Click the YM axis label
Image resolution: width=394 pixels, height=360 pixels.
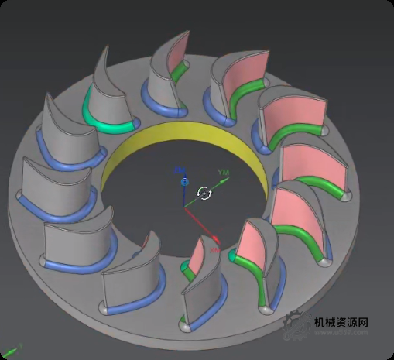[224, 171]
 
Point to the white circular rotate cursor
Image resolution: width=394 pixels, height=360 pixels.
[204, 193]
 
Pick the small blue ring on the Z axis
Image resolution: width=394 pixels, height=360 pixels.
[184, 181]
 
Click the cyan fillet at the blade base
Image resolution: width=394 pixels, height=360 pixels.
[104, 117]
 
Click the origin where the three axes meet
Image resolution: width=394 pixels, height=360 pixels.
[185, 205]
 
